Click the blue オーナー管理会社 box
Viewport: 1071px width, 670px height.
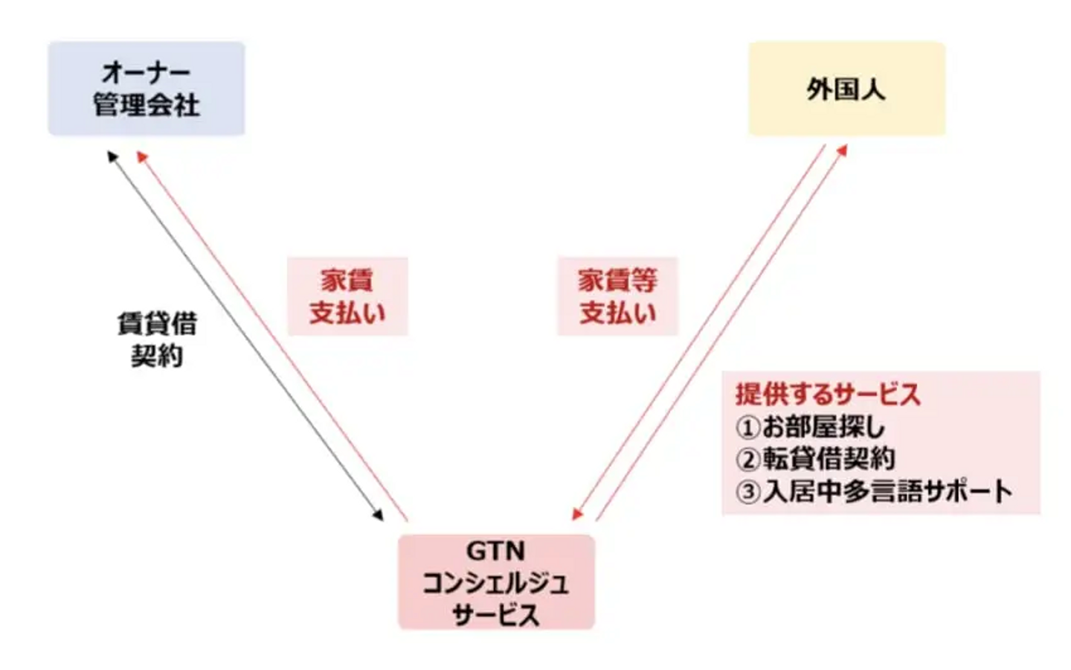[x=147, y=89]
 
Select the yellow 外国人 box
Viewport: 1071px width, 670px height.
[x=846, y=89]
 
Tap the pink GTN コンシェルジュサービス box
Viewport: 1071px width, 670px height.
[x=496, y=582]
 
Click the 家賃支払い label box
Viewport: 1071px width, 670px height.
[x=347, y=296]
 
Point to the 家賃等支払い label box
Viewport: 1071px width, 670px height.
[x=618, y=296]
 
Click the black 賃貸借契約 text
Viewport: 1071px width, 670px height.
[x=158, y=339]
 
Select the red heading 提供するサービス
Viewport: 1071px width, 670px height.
[x=828, y=395]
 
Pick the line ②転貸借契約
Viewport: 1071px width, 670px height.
[x=815, y=459]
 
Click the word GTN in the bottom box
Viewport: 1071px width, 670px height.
[x=496, y=552]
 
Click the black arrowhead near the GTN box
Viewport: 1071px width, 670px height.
[x=378, y=515]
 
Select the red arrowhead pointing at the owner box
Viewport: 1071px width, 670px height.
[x=142, y=156]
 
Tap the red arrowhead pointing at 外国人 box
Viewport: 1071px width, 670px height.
[x=842, y=150]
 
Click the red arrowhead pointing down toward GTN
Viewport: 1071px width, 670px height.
[x=578, y=514]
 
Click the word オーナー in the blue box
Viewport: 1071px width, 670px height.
[x=147, y=73]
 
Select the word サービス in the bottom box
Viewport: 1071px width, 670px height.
[x=496, y=614]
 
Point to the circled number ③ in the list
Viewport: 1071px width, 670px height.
[x=747, y=492]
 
